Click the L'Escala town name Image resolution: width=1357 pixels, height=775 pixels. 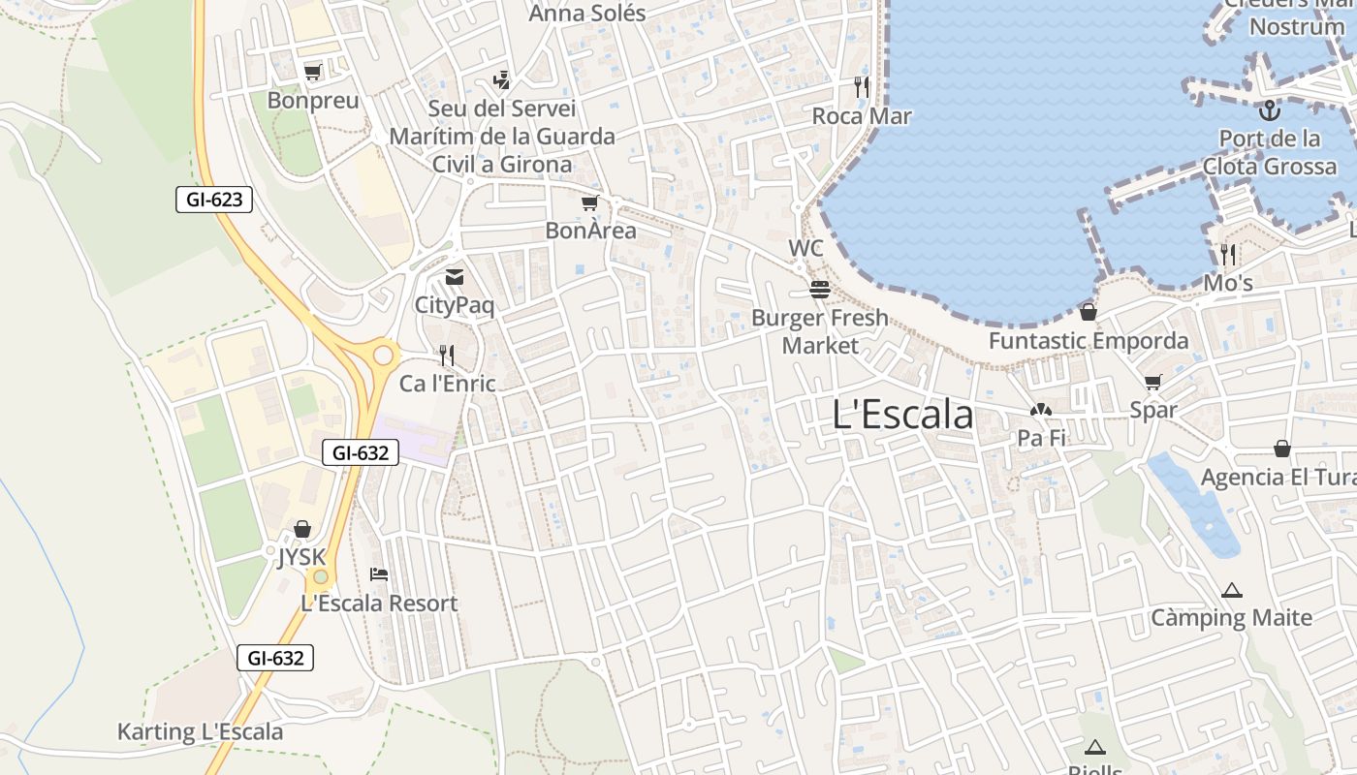pyautogui.click(x=902, y=415)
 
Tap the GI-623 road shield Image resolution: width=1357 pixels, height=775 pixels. pyautogui.click(x=214, y=201)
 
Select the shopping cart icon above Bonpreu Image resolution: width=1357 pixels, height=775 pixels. pyautogui.click(x=312, y=72)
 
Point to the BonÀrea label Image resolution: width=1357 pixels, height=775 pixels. pyautogui.click(x=590, y=231)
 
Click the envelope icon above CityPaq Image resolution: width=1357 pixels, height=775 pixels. pyautogui.click(x=454, y=278)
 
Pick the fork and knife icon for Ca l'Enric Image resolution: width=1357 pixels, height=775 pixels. pyautogui.click(x=447, y=356)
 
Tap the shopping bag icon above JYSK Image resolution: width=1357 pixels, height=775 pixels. pyautogui.click(x=302, y=529)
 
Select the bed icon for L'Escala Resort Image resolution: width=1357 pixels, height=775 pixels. pyautogui.click(x=379, y=574)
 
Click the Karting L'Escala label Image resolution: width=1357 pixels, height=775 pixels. pyautogui.click(x=201, y=731)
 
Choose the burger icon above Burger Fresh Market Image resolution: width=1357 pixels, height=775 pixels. pyautogui.click(x=820, y=290)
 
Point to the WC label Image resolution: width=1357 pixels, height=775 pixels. pyautogui.click(x=805, y=248)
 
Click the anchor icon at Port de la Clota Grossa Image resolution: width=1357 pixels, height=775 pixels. pyautogui.click(x=1269, y=109)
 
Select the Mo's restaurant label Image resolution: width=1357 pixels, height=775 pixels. pyautogui.click(x=1228, y=283)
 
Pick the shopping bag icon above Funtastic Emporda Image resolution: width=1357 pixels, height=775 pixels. pyautogui.click(x=1089, y=312)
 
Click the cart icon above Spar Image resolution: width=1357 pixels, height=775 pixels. pyautogui.click(x=1152, y=382)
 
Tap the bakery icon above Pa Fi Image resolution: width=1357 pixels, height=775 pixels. pyautogui.click(x=1041, y=411)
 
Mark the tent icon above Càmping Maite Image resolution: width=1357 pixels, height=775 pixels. pyautogui.click(x=1231, y=589)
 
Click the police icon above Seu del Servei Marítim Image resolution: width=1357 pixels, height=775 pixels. pyautogui.click(x=501, y=79)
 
